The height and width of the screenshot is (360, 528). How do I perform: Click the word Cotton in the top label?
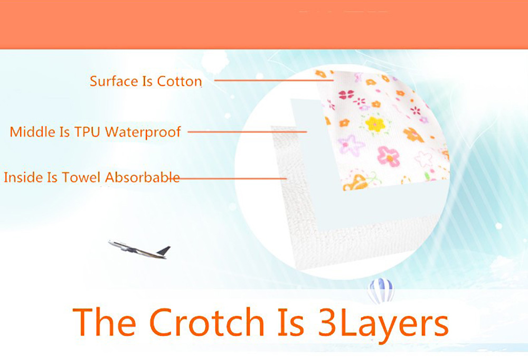tap(180, 81)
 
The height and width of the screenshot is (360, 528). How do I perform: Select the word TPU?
tap(88, 131)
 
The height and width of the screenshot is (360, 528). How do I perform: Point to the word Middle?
tap(33, 131)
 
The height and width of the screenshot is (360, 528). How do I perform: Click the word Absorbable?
tap(143, 177)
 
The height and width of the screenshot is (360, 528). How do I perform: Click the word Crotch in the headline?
tap(207, 321)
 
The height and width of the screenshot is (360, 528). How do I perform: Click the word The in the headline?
tap(105, 321)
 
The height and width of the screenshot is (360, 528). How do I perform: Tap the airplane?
tap(139, 249)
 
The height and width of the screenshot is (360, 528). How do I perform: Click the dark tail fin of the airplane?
tap(164, 251)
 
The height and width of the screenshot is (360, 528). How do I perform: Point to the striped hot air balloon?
tap(381, 290)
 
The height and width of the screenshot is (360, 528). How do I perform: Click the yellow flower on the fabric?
tap(375, 124)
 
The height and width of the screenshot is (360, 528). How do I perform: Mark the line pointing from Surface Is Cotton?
tap(274, 80)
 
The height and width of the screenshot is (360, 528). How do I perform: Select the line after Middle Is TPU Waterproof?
tap(247, 131)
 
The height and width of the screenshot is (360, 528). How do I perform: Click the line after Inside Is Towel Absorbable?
tap(232, 178)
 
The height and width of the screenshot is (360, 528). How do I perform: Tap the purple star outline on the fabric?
tap(351, 145)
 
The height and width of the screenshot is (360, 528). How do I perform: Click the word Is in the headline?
tap(291, 321)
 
